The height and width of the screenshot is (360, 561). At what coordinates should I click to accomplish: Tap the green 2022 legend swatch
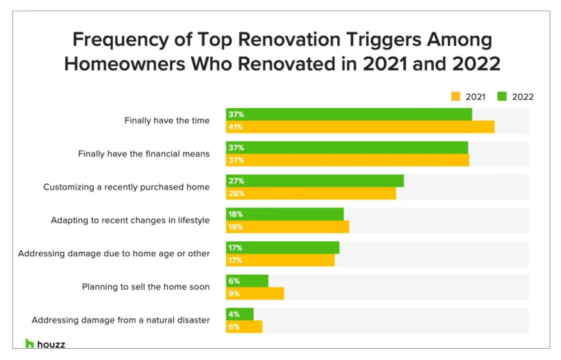point(502,96)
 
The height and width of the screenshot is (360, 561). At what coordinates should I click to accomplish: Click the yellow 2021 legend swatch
point(456,96)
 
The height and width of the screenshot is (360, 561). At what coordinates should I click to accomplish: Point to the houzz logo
point(45,344)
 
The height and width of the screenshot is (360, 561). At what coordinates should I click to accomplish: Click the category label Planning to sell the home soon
point(146,287)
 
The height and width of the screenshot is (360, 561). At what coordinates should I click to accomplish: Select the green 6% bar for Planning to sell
point(247,281)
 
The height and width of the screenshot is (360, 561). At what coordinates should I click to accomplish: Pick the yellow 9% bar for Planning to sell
point(255,293)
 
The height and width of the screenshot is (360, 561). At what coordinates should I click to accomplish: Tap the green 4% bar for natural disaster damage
point(240,314)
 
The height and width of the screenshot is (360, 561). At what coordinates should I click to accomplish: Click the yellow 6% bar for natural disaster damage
point(244,326)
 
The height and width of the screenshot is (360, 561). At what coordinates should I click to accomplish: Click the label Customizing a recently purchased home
point(126,187)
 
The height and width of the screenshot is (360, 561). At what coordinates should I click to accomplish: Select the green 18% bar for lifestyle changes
point(285,214)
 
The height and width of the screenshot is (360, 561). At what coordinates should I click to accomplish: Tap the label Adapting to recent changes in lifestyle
point(130,220)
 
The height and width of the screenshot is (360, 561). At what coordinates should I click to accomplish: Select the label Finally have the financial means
point(144,154)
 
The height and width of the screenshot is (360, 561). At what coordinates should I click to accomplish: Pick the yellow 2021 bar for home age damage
point(280,260)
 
